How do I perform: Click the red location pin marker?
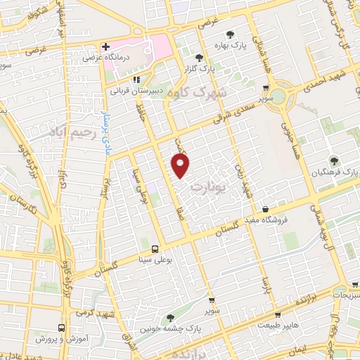(181, 166)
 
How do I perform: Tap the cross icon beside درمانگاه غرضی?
(105, 48)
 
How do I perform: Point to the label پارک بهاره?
(243, 45)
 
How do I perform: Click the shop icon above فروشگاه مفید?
(265, 210)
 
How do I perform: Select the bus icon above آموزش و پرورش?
(62, 328)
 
